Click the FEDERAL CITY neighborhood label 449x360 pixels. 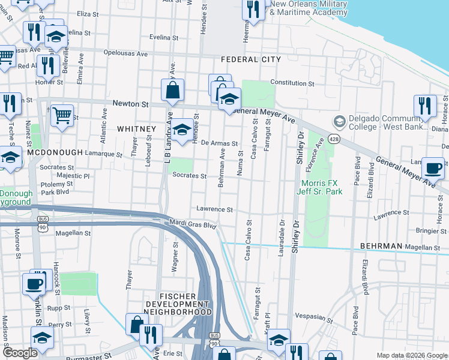click(x=250, y=59)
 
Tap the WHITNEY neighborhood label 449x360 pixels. click(x=136, y=129)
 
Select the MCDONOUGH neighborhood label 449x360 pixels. click(x=54, y=153)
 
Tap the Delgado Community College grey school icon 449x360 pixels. click(x=338, y=122)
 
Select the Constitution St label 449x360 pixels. click(x=292, y=83)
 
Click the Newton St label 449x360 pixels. click(x=133, y=104)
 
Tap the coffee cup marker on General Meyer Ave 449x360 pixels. click(x=432, y=167)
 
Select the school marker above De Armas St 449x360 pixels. click(x=181, y=128)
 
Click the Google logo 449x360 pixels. click(x=19, y=353)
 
